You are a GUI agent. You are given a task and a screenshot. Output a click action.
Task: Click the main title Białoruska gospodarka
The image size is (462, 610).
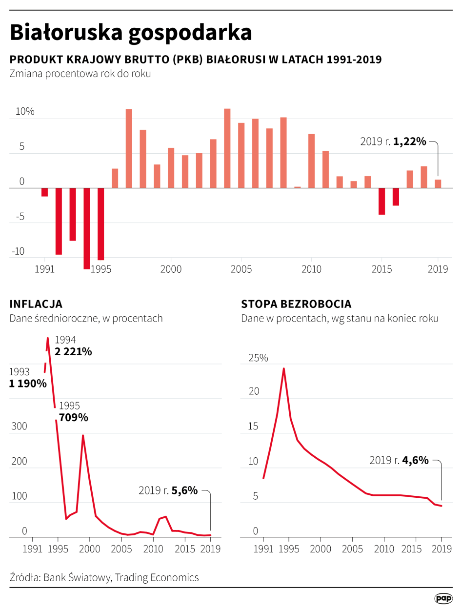tap(131, 33)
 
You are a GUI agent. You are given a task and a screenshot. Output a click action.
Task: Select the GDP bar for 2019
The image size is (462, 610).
tap(438, 183)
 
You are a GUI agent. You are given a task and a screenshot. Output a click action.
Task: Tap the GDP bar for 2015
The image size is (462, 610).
tap(382, 201)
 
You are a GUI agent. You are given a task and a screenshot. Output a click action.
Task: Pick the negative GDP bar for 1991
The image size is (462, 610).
tap(45, 192)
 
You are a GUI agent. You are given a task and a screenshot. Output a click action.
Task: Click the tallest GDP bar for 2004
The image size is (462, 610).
tap(227, 148)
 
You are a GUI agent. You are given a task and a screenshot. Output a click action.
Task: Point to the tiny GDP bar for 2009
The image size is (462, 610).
tap(298, 187)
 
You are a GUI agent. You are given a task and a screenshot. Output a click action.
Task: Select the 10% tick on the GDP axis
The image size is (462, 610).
tap(25, 112)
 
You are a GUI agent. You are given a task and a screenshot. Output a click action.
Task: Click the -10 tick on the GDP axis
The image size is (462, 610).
tap(18, 252)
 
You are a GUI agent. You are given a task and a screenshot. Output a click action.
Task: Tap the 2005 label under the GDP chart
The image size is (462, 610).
tap(241, 269)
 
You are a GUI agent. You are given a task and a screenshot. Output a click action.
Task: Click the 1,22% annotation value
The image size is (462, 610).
tap(410, 142)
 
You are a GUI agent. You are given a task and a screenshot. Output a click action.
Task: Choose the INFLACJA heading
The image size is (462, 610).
tap(36, 304)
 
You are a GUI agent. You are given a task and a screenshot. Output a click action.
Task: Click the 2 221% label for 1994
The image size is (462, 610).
tap(74, 351)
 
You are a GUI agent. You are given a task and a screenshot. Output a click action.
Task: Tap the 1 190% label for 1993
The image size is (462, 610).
tap(28, 384)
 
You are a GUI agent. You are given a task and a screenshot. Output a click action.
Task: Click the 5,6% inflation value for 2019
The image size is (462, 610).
tap(184, 490)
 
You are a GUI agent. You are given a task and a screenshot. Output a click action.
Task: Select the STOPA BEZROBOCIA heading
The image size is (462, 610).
tap(296, 304)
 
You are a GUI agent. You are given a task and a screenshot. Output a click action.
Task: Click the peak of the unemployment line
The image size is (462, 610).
tap(283, 368)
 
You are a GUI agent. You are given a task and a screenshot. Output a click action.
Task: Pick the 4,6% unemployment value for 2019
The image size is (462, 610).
tap(415, 460)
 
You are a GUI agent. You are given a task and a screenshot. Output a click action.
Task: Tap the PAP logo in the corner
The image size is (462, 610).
tap(443, 598)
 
